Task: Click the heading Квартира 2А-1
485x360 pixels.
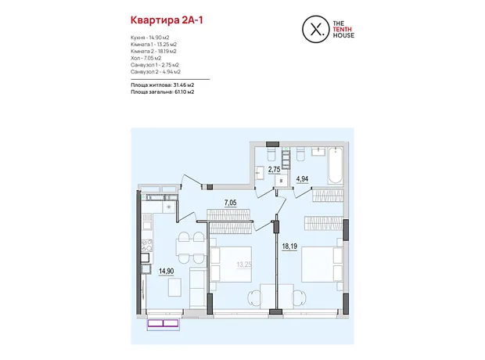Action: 167,20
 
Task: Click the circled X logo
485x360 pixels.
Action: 315,29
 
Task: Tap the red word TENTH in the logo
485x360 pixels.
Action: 342,30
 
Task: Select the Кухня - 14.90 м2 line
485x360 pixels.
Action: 149,38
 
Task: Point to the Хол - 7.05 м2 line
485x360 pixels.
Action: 145,58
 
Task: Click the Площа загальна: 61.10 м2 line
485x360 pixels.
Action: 163,92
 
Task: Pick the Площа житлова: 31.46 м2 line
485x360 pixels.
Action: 163,85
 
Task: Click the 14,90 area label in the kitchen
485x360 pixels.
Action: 167,271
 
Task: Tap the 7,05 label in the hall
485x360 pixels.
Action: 231,203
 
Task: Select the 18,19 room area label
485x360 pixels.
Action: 289,246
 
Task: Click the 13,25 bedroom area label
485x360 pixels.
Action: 244,265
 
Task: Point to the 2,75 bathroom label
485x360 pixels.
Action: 274,169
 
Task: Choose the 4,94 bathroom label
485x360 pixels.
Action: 302,179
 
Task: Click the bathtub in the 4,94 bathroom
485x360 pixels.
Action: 336,166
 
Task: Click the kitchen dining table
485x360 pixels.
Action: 191,247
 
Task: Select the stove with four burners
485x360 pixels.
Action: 147,246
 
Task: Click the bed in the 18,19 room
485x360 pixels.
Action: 322,264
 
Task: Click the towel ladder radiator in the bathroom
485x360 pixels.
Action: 286,157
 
